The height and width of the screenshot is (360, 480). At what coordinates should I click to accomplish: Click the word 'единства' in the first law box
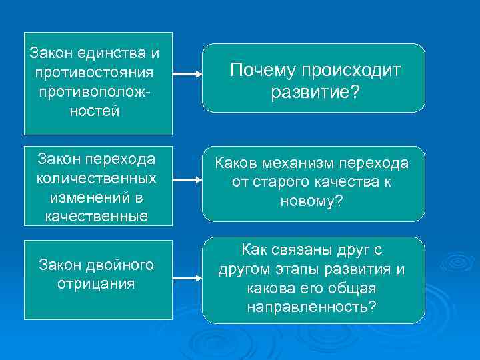click(x=123, y=53)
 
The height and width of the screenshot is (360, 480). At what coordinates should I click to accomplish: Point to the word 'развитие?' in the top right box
click(x=315, y=93)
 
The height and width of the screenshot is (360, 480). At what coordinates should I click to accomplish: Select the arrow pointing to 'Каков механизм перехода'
click(x=187, y=180)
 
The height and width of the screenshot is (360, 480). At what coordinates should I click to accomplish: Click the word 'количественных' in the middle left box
click(x=97, y=179)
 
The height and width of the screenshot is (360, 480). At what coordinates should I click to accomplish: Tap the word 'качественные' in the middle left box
click(x=97, y=216)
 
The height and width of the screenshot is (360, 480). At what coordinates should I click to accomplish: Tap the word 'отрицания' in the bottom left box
click(x=97, y=283)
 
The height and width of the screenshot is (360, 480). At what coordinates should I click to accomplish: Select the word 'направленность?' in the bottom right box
click(x=311, y=307)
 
